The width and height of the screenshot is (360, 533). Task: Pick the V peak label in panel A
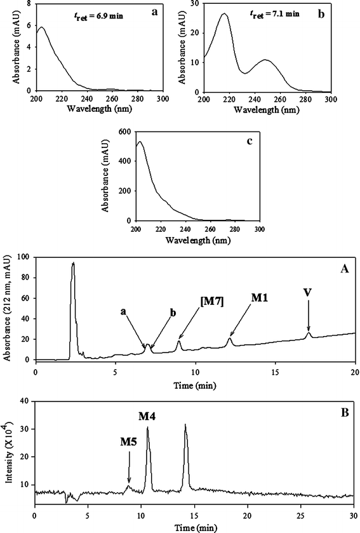tap(308, 294)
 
